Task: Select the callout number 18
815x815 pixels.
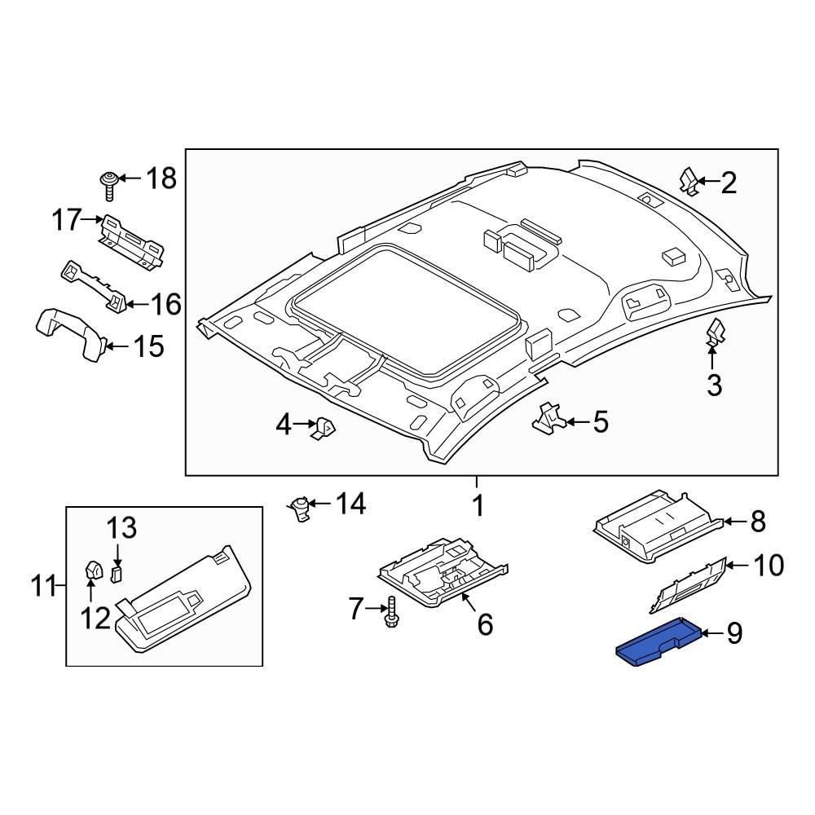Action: pos(161,178)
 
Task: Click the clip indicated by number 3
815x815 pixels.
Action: pos(715,334)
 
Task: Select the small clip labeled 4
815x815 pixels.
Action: pos(327,425)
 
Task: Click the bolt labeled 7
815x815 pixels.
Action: pos(392,610)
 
